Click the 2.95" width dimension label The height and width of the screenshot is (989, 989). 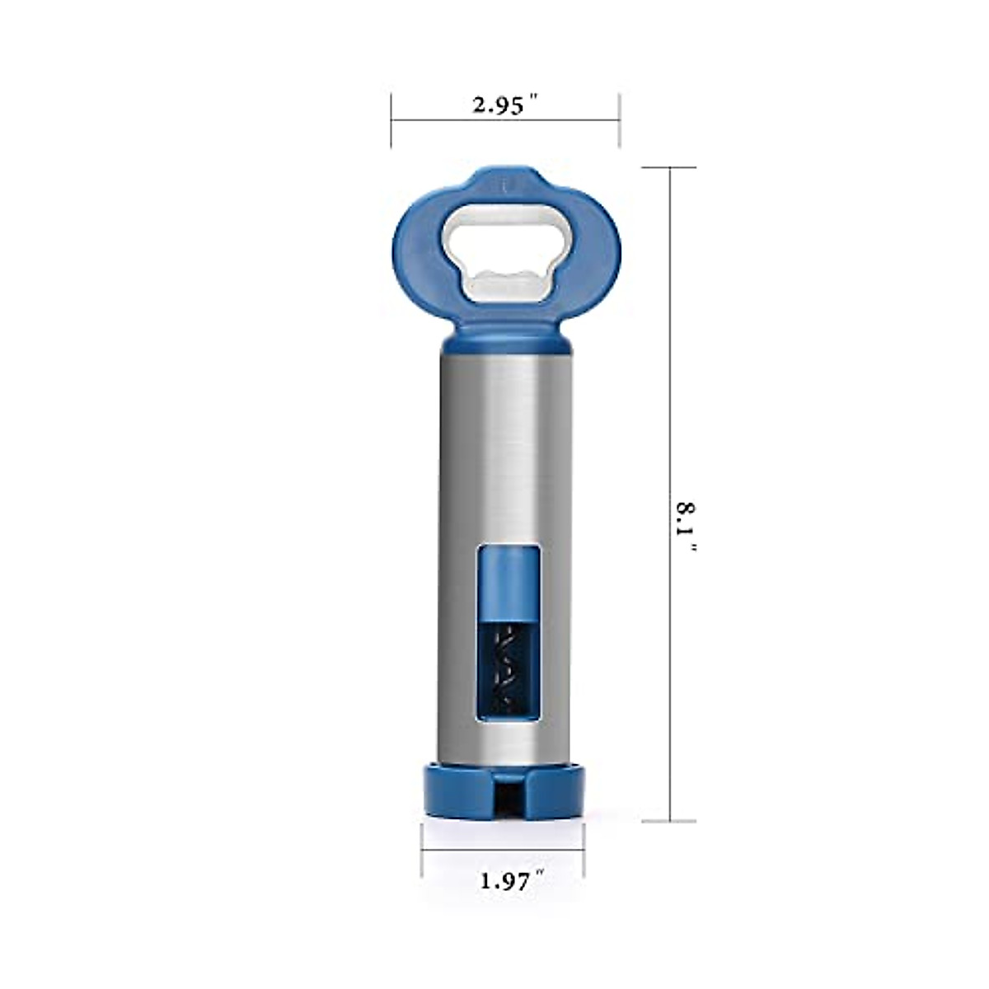coord(504,105)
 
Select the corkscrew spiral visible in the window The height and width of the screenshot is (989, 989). coord(504,668)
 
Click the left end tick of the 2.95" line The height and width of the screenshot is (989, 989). coord(391,120)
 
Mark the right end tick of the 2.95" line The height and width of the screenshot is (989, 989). coord(619,120)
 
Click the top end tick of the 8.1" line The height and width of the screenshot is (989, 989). coord(670,167)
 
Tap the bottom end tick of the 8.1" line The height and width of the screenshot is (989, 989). coord(670,821)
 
